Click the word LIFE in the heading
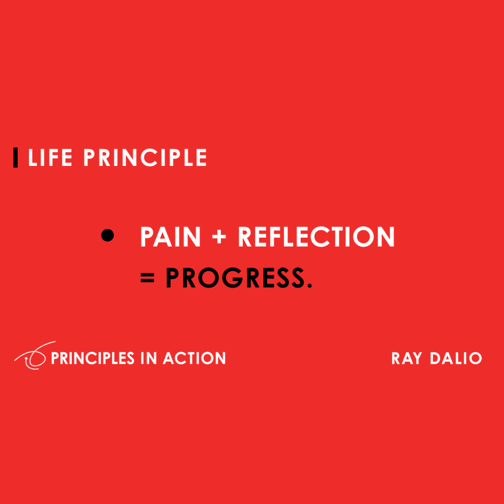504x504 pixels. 50,157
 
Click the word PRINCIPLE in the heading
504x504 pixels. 145,157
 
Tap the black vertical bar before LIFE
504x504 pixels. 16,157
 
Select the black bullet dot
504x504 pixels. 107,236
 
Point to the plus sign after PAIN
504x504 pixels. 220,238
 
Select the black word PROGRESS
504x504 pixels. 234,278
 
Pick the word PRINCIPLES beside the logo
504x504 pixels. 94,358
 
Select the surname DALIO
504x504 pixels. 456,358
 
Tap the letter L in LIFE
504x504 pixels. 33,157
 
